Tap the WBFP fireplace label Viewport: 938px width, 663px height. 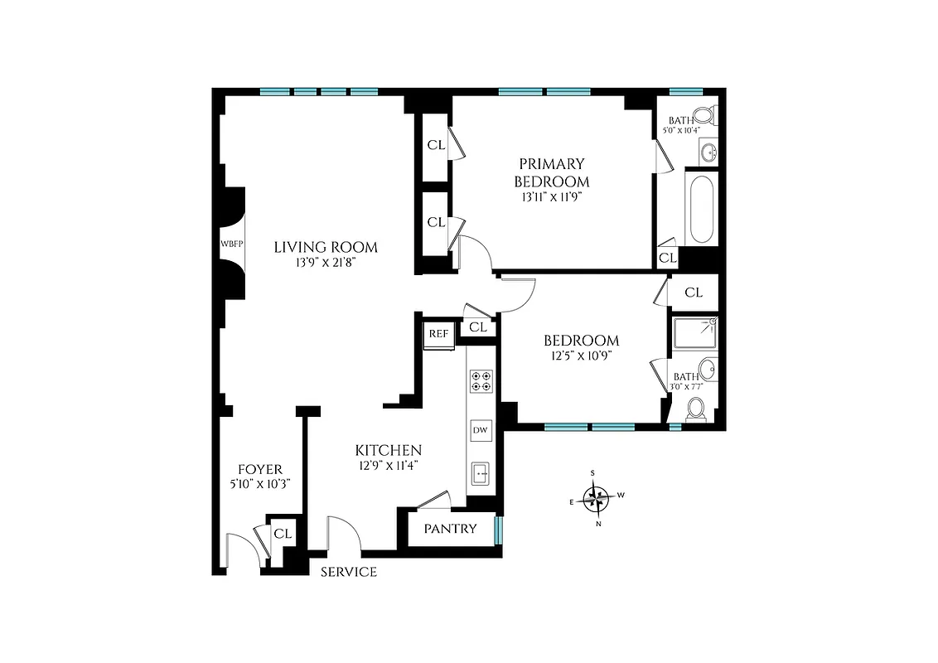click(229, 244)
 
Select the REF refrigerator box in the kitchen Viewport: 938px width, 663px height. click(438, 334)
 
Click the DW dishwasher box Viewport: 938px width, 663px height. click(480, 430)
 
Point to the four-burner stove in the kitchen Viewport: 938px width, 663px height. click(480, 380)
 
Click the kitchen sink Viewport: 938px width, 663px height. click(480, 475)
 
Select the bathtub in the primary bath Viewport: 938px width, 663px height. click(701, 209)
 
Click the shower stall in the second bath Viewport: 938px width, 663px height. click(694, 333)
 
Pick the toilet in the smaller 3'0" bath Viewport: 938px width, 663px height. click(697, 408)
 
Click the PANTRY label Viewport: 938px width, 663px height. click(450, 529)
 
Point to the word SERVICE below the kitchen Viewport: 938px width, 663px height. click(349, 572)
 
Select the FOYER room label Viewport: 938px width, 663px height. click(260, 469)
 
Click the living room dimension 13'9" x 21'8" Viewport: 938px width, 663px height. click(326, 263)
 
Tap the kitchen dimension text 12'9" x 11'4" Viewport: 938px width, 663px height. click(388, 465)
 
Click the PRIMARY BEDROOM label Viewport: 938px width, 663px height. click(552, 172)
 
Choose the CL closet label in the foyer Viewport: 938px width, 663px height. click(283, 534)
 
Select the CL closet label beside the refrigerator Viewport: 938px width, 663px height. click(477, 327)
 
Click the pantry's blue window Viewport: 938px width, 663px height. click(498, 530)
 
